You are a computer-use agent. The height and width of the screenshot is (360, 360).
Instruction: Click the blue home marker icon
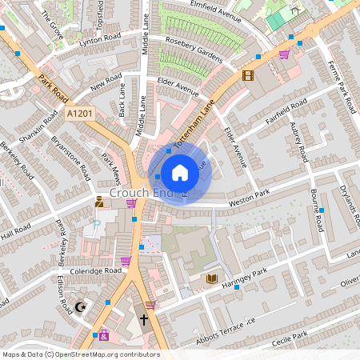180,172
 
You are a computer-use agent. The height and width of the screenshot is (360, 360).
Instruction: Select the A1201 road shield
80,114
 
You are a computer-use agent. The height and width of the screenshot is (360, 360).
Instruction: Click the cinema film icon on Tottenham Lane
246,76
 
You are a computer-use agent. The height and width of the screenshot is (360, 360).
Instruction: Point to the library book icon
212,278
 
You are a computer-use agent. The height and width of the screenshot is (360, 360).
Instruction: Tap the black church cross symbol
143,320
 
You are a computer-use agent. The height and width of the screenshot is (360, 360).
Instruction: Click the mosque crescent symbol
80,307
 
